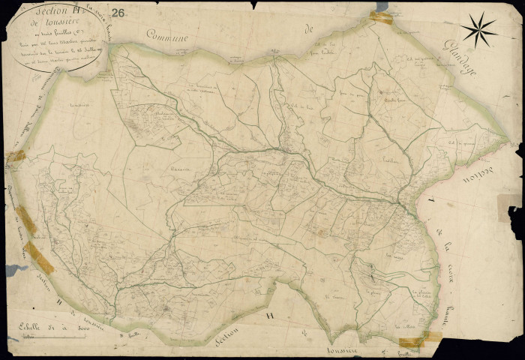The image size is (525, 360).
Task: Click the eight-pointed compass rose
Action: [478, 31]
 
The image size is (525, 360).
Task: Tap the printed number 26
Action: [118, 13]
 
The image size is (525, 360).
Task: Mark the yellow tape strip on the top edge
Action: [381, 17]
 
